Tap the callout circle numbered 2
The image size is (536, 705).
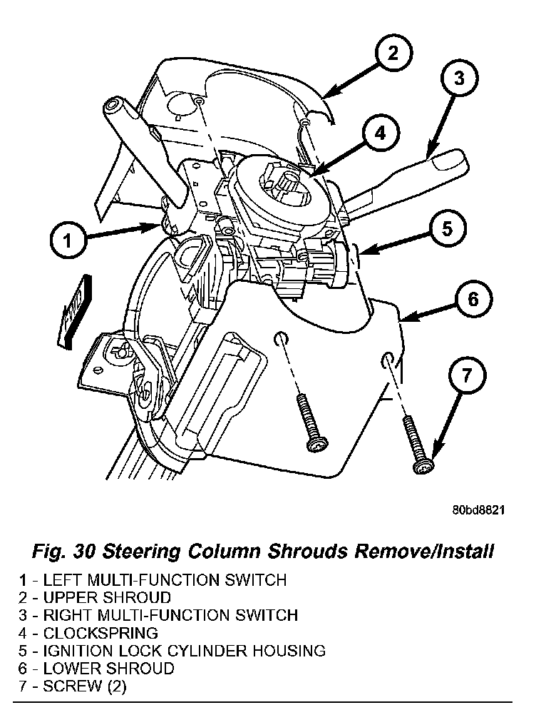[392, 54]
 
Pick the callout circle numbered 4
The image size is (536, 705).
[381, 133]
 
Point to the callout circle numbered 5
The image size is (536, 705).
[446, 228]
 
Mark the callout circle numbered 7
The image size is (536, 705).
[465, 377]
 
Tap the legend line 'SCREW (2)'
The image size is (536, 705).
[85, 686]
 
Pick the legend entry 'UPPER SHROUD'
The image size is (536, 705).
[107, 597]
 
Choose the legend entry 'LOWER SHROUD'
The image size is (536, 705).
[108, 669]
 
